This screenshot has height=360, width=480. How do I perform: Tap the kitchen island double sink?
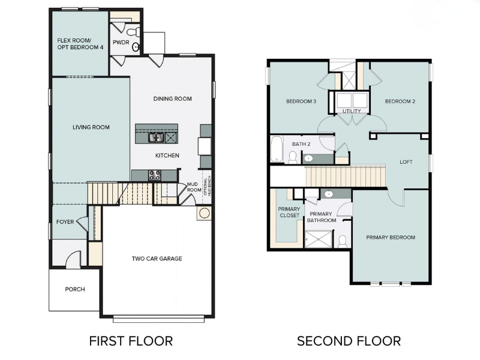156,138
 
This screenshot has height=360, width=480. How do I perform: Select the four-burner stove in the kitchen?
154,175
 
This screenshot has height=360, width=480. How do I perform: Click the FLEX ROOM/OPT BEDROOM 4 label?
80,44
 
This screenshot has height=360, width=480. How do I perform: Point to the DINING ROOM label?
172,99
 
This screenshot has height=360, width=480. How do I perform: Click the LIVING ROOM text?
91,127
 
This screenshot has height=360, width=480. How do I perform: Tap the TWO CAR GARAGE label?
157,259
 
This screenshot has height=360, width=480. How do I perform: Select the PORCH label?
75,289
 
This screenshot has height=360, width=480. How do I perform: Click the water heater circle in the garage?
204,213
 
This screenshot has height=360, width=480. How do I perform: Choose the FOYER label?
65,222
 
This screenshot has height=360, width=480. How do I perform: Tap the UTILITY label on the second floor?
352,111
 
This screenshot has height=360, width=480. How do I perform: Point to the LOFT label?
406,162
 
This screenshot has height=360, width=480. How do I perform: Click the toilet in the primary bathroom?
343,241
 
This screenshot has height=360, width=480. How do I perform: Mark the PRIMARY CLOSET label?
289,212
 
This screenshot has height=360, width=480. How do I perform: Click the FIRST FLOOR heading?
131,341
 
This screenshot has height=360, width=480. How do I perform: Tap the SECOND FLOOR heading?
349,341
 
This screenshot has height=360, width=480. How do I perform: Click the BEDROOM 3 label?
301,101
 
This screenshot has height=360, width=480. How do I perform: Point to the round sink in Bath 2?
308,159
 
